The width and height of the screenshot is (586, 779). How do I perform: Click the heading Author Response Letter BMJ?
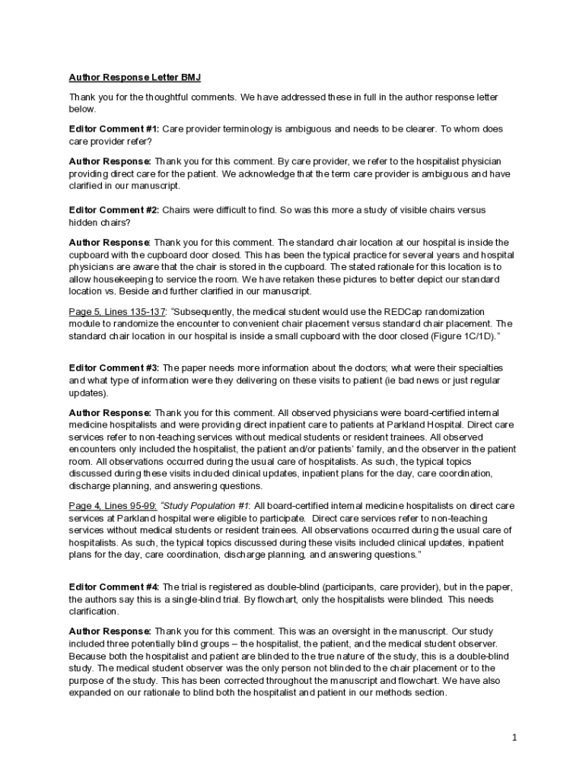pyautogui.click(x=135, y=78)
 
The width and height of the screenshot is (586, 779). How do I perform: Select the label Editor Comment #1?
pyautogui.click(x=114, y=129)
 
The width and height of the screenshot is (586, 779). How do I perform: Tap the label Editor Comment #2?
pyautogui.click(x=114, y=210)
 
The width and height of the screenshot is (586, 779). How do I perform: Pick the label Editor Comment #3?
pyautogui.click(x=114, y=367)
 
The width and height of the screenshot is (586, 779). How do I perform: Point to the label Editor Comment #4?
pyautogui.click(x=114, y=587)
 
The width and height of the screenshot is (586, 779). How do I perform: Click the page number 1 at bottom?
pyautogui.click(x=514, y=737)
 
